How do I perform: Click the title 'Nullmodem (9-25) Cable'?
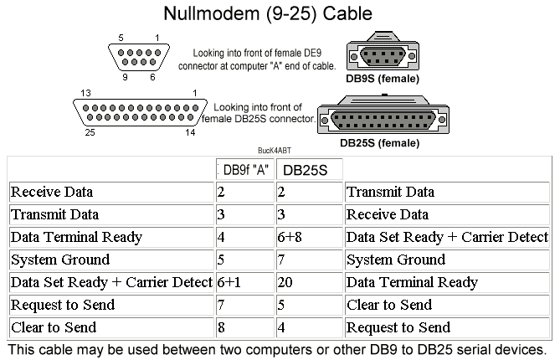coord(268,14)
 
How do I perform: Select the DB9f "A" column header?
coord(245,170)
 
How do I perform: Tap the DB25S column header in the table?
coord(309,170)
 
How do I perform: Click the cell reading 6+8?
coord(309,237)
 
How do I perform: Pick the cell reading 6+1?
coord(245,282)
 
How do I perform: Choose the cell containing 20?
coord(309,282)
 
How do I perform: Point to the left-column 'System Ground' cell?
coord(111,260)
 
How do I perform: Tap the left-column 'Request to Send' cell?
coord(111,305)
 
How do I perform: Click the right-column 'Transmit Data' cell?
coord(447,193)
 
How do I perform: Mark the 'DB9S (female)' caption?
coord(383,79)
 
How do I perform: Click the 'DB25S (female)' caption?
coord(380,143)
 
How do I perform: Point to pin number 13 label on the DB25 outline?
coord(85,93)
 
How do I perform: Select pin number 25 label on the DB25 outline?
coord(90,132)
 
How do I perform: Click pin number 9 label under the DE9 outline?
coord(125,77)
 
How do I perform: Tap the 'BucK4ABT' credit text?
coord(275,151)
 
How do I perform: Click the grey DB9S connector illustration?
coord(383,52)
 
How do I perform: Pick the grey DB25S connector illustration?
coord(383,115)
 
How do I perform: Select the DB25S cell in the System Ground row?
coord(309,260)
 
